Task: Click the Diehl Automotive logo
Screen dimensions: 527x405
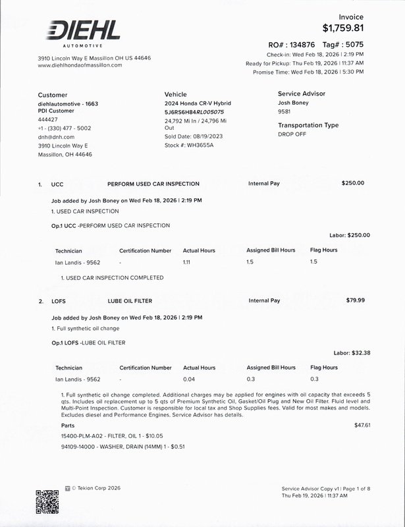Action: [82, 33]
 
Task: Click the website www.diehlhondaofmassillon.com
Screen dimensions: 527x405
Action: [80, 66]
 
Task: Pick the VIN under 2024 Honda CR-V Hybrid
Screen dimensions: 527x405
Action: [194, 112]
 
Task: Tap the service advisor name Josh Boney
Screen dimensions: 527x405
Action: [293, 103]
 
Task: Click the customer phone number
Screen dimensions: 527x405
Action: [65, 128]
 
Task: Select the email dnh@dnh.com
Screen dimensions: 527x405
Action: [56, 137]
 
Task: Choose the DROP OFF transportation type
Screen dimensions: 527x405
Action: [292, 134]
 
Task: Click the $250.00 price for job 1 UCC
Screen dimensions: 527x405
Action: [353, 183]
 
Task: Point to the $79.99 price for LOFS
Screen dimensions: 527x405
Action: [355, 300]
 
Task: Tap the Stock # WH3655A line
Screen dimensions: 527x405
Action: [189, 145]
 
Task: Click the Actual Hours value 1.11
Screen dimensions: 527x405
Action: [187, 262]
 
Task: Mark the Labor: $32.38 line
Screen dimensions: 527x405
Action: [352, 352]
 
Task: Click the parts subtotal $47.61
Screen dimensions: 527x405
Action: [362, 425]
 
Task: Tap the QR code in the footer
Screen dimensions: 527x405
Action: [47, 503]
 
